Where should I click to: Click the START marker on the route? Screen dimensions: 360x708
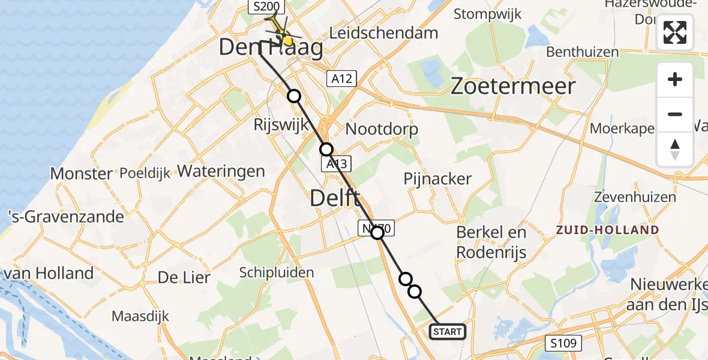click(x=447, y=332)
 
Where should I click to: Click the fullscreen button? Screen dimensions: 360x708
click(x=675, y=32)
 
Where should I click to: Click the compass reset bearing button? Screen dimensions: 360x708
click(x=675, y=149)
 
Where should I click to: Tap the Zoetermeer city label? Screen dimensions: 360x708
click(x=512, y=86)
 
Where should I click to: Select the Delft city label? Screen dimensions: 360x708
click(x=335, y=199)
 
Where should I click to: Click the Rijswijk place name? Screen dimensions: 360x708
click(x=281, y=125)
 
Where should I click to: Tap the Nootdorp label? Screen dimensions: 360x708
click(x=382, y=129)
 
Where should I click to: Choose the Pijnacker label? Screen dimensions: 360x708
click(x=437, y=179)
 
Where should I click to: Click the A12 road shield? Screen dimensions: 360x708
click(x=341, y=78)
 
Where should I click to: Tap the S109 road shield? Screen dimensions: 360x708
click(x=563, y=343)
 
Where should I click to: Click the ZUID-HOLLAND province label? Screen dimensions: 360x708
click(x=607, y=230)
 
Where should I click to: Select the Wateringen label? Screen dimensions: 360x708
click(x=221, y=171)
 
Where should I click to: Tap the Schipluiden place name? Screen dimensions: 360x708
click(x=276, y=272)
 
